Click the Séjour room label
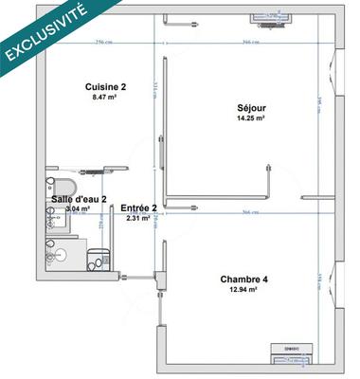(251, 107)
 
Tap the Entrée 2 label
(135, 209)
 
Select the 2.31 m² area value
(135, 220)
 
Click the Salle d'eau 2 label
(79, 199)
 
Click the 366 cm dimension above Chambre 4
(251, 212)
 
